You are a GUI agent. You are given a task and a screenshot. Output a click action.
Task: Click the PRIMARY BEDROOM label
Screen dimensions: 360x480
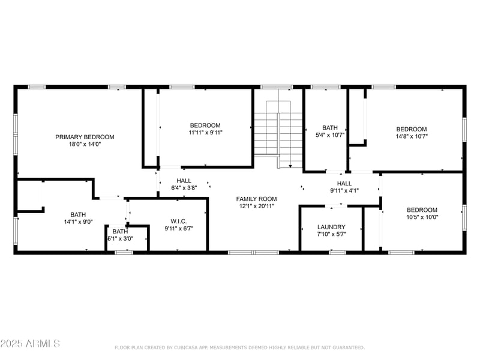[85, 137]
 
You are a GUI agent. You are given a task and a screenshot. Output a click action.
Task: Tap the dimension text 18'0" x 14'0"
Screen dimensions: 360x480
[85, 144]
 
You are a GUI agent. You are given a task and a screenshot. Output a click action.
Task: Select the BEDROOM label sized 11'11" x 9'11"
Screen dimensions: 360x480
[205, 125]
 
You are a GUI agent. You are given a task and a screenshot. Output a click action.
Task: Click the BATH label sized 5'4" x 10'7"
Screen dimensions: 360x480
[330, 128]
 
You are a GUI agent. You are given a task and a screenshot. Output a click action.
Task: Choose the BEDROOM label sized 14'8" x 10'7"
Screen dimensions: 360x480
[412, 129]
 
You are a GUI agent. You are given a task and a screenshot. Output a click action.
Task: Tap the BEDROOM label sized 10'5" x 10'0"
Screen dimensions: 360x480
[422, 210]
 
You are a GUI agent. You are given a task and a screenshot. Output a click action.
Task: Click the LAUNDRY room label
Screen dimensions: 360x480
[331, 227]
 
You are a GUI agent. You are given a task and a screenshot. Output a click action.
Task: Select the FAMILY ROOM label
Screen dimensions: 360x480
[256, 199]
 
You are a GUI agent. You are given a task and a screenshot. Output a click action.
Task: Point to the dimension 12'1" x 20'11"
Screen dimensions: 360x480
[256, 206]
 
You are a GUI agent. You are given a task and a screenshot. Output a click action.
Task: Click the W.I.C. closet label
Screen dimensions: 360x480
[179, 221]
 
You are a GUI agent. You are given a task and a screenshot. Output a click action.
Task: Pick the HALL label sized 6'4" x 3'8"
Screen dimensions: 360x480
[184, 181]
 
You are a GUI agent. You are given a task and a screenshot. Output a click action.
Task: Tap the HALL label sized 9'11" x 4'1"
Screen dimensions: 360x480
[344, 184]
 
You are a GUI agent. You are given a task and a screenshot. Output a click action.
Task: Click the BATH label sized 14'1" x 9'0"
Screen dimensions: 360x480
[78, 214]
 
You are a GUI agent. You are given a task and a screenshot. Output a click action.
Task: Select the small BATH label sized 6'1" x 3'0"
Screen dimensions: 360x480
[120, 231]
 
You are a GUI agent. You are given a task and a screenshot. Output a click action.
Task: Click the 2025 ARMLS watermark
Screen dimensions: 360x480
[30, 344]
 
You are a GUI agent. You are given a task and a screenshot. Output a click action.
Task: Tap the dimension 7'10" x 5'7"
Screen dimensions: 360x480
[331, 235]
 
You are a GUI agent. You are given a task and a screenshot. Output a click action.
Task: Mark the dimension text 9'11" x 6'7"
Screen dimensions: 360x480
[179, 228]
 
